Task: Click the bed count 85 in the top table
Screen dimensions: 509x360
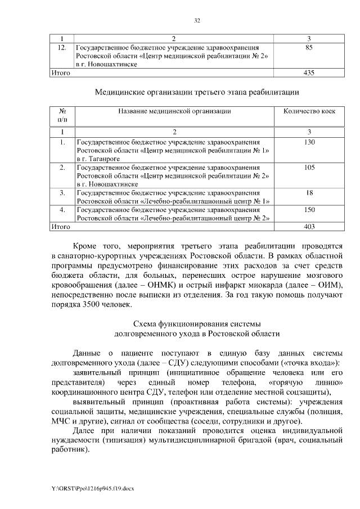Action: point(308,48)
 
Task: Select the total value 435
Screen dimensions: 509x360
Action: point(308,73)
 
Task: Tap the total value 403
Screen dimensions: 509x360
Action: point(308,227)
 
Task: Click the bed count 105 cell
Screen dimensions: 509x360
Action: point(308,168)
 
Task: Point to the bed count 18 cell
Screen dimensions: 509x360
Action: point(308,192)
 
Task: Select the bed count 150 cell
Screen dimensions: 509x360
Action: point(308,210)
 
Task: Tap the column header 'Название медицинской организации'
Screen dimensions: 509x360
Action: point(174,111)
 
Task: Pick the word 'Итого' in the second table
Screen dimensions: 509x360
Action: point(60,227)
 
